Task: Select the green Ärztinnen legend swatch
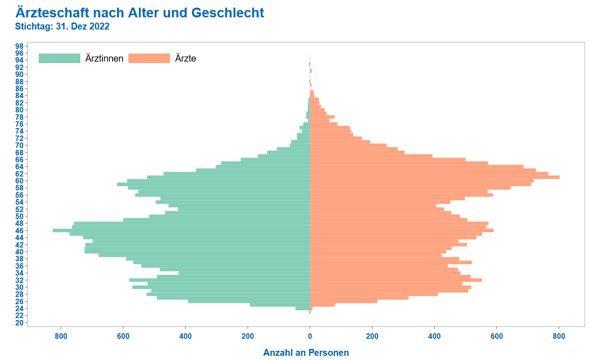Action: [x=59, y=59]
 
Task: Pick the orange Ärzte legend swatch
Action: [x=149, y=59]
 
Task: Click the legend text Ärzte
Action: [x=185, y=59]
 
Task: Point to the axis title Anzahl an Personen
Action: [x=306, y=353]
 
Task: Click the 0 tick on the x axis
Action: [x=310, y=336]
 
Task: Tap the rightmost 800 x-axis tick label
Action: [x=559, y=336]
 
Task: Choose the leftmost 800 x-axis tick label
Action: [x=61, y=336]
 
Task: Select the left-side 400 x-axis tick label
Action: [x=185, y=336]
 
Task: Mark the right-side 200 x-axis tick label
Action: [x=372, y=336]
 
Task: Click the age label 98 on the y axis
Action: [x=19, y=46]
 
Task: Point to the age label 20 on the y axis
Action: [x=19, y=323]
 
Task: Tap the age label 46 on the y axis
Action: [x=19, y=230]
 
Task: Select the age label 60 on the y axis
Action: [x=19, y=181]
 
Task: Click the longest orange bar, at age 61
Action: [x=434, y=177]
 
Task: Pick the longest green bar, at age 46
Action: [x=184, y=230]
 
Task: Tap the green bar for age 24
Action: [x=303, y=308]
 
